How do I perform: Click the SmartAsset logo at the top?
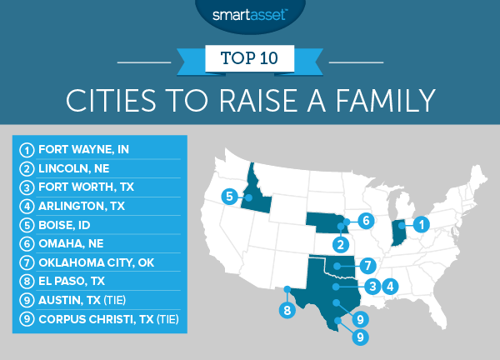[x=249, y=14]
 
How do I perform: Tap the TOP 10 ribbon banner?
[x=249, y=60]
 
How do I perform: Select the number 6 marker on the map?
[x=364, y=221]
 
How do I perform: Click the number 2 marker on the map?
[x=341, y=245]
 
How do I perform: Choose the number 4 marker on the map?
[x=387, y=287]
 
